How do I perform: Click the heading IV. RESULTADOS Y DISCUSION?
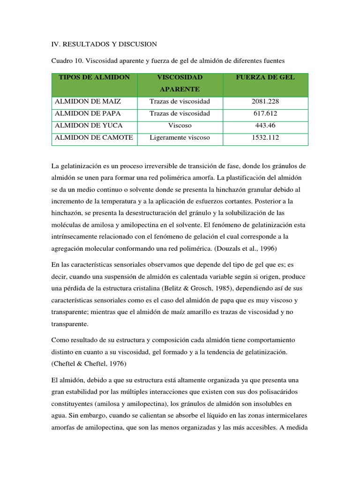pyautogui.click(x=104, y=44)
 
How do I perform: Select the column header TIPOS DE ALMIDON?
pyautogui.click(x=94, y=77)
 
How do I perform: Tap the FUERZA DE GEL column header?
pyautogui.click(x=265, y=77)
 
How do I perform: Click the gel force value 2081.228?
pyautogui.click(x=265, y=101)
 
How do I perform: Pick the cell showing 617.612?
pyautogui.click(x=265, y=113)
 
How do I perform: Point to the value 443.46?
pyautogui.click(x=265, y=126)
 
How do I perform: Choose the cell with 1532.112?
pyautogui.click(x=265, y=137)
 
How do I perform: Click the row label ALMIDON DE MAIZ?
pyautogui.click(x=88, y=101)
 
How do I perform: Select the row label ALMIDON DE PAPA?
pyautogui.click(x=88, y=113)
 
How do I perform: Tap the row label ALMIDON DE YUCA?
pyautogui.click(x=88, y=126)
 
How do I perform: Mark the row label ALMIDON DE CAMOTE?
pyautogui.click(x=94, y=137)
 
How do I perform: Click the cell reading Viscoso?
pyautogui.click(x=180, y=126)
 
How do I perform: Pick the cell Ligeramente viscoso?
pyautogui.click(x=180, y=137)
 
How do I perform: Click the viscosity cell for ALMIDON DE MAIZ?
pyautogui.click(x=180, y=101)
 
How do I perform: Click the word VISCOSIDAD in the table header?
pyautogui.click(x=180, y=77)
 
